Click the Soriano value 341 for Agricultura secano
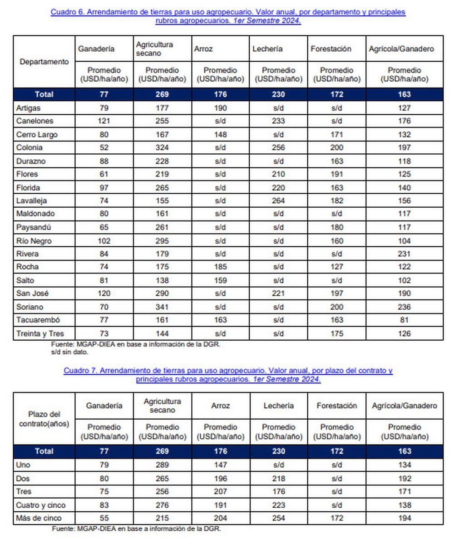tap(162, 307)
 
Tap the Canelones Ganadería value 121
tap(104, 121)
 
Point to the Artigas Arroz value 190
tap(220, 108)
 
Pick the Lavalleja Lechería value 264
tap(278, 201)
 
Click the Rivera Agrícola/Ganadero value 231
tap(404, 254)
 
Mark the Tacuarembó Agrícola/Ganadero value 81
tap(404, 320)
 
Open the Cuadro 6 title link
tap(228, 16)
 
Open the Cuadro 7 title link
tap(228, 375)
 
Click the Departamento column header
tap(44, 62)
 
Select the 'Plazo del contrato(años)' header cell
tap(44, 419)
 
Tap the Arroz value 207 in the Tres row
tap(220, 491)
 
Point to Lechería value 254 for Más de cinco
tap(278, 518)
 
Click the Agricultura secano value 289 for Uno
tap(162, 465)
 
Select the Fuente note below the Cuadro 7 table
tap(136, 528)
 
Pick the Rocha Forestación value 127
tap(336, 267)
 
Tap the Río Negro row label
tap(34, 241)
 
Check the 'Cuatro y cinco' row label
tap(41, 505)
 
